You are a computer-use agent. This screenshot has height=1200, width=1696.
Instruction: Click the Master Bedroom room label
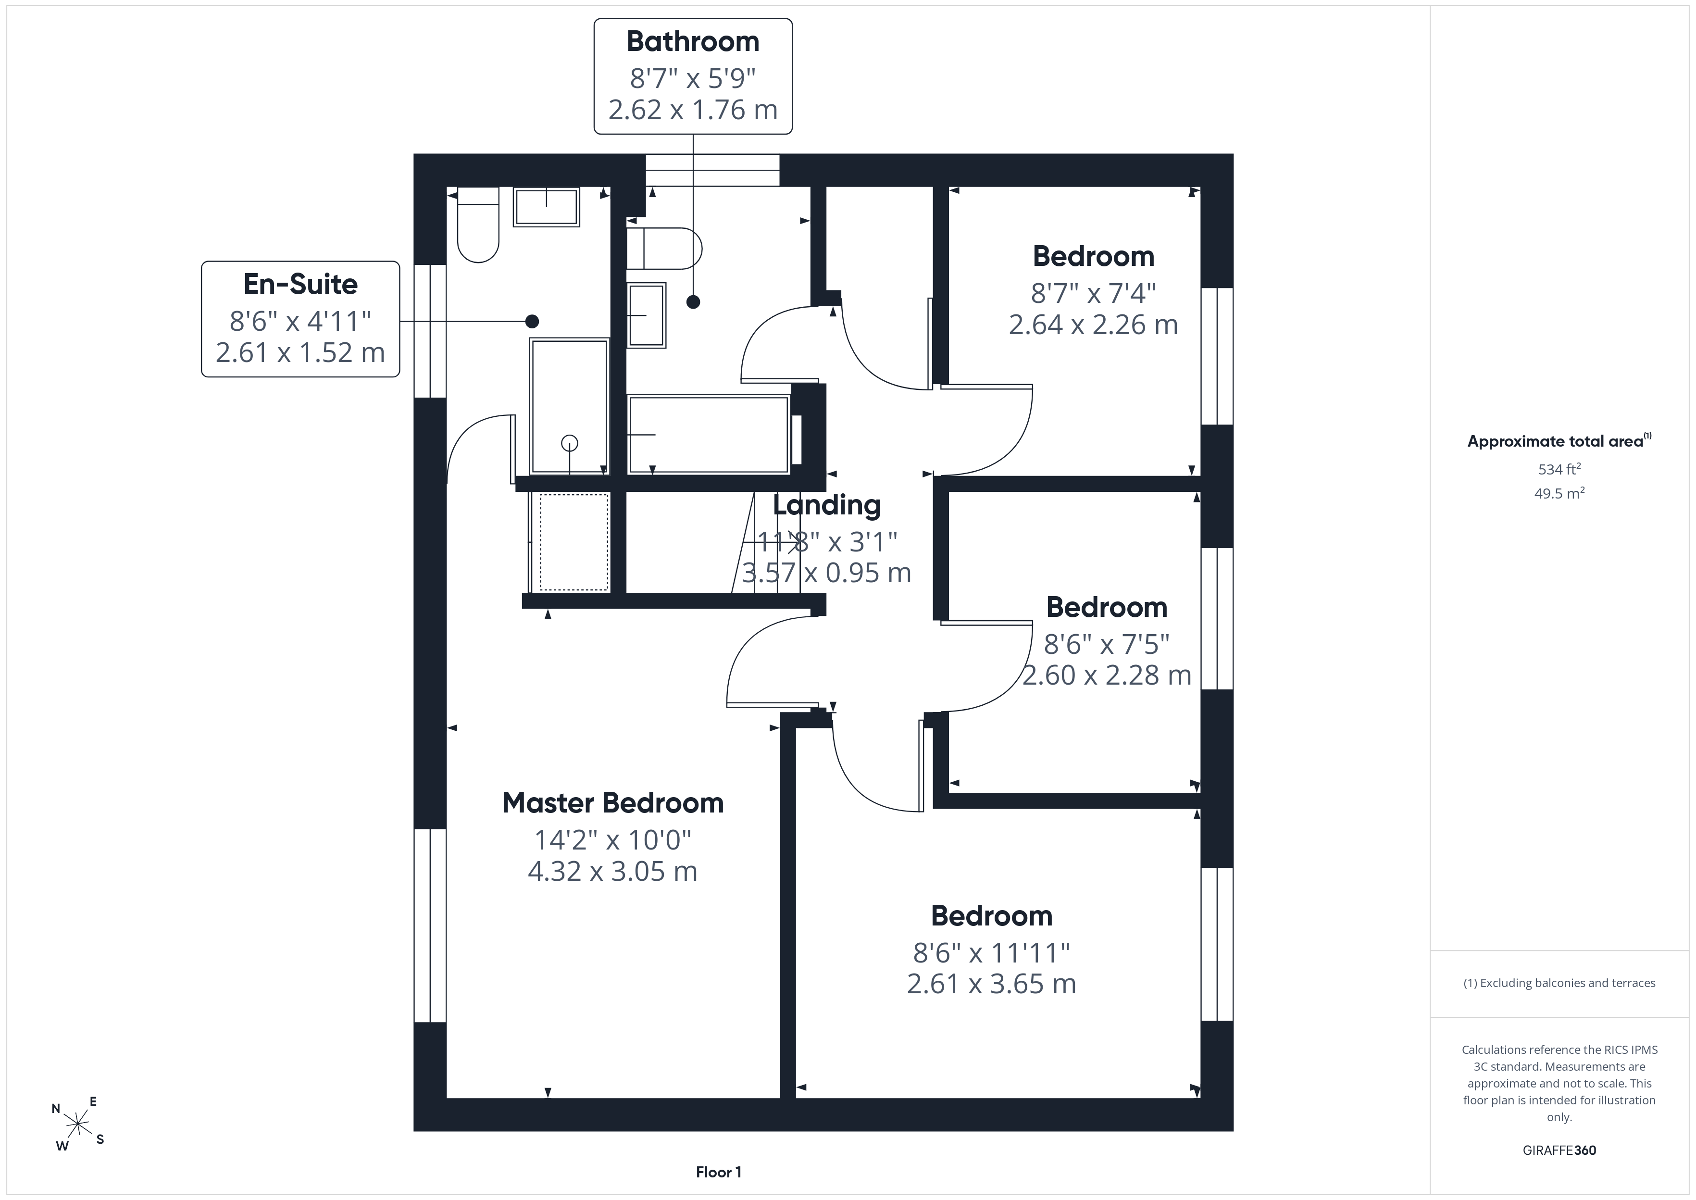(612, 803)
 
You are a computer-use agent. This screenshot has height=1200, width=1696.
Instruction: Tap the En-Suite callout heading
(300, 284)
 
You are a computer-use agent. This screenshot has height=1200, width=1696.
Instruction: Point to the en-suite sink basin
(547, 207)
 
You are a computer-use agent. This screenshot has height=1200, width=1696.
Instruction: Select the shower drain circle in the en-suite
(570, 443)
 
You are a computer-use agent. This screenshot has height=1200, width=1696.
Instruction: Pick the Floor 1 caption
(719, 1172)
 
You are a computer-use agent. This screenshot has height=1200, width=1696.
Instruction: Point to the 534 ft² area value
(1559, 468)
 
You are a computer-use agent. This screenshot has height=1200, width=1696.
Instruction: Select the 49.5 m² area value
(1559, 493)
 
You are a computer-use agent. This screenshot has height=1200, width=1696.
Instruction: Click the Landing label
(826, 505)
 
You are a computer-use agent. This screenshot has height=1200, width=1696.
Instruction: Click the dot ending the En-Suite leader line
(532, 322)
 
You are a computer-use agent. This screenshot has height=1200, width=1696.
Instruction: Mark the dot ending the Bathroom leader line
(693, 301)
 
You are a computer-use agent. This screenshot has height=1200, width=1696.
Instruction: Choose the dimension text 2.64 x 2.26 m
(1093, 325)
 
